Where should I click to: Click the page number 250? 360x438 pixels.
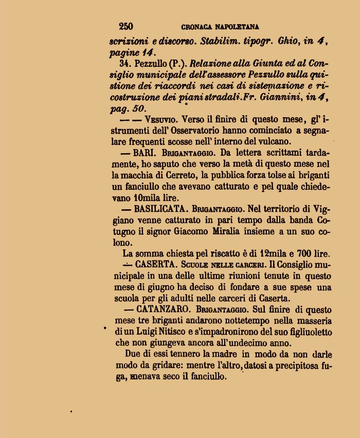pos(126,27)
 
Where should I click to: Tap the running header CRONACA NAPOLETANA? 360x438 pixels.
pos(220,27)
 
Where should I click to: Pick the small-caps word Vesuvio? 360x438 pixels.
pos(161,119)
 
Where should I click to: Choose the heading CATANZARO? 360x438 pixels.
pos(165,309)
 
